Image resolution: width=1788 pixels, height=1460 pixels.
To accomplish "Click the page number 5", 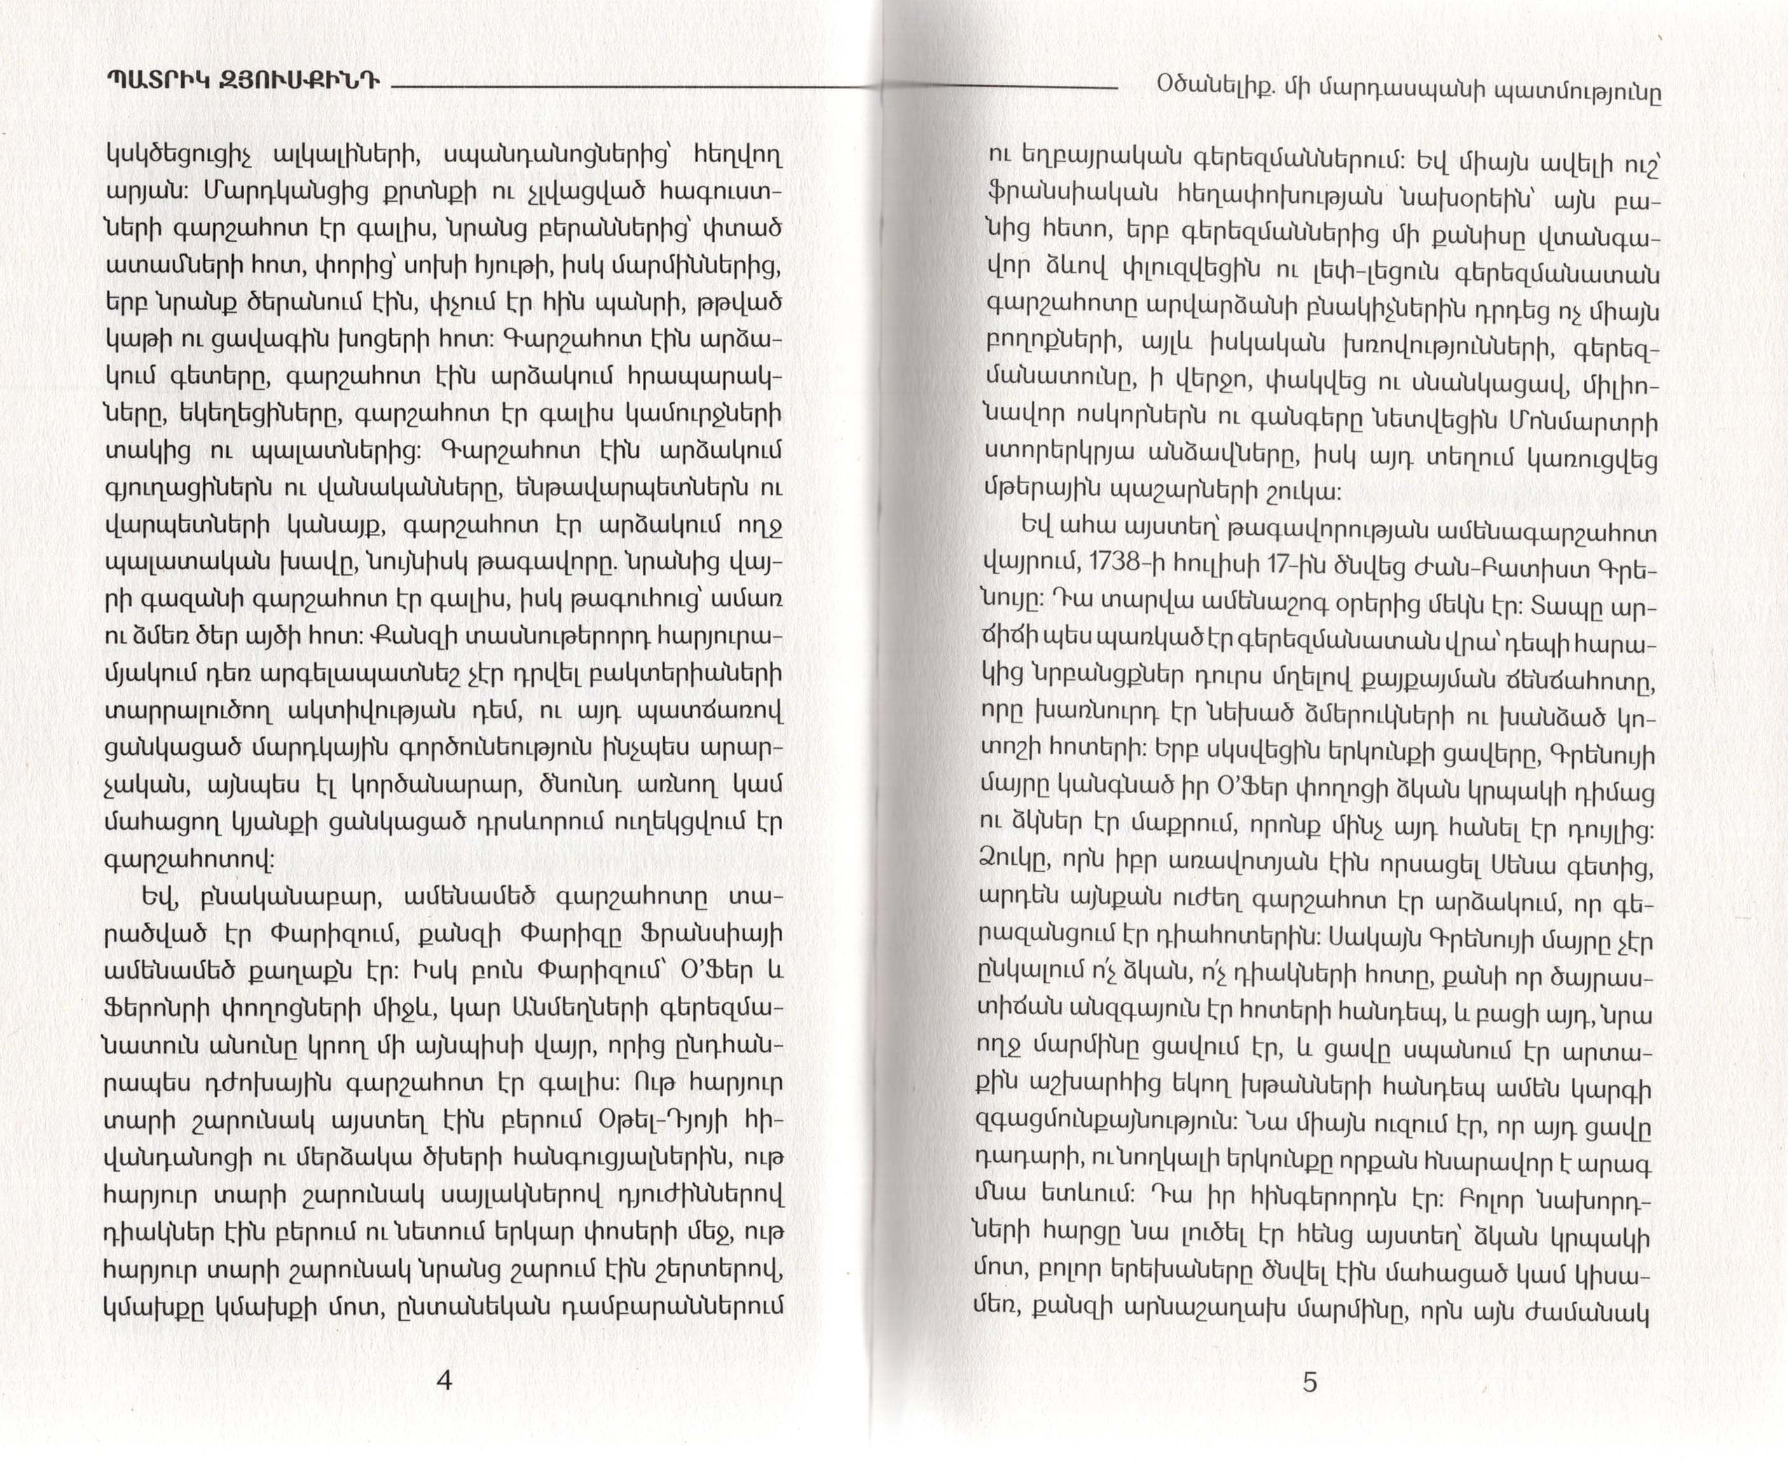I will click(1309, 1382).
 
